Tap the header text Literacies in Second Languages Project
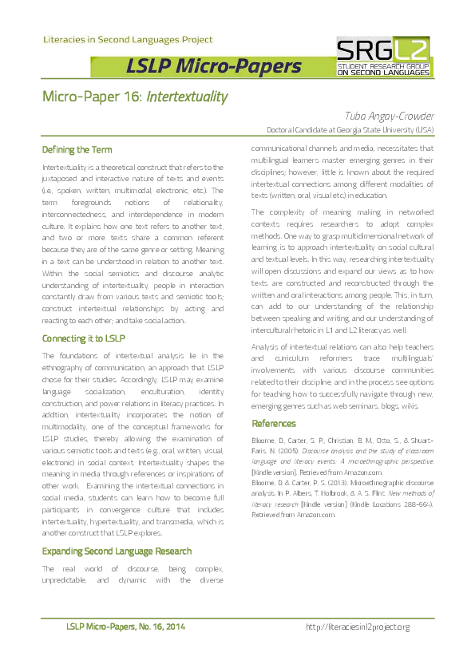127,39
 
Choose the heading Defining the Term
77,150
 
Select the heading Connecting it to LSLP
83,338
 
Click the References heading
274,423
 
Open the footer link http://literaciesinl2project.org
358,627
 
